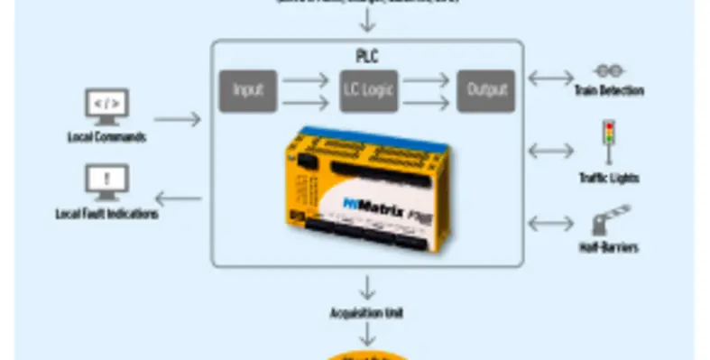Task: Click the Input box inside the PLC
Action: (x=247, y=90)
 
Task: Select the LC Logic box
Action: (x=368, y=90)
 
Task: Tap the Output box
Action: (x=485, y=90)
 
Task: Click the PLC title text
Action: (x=367, y=56)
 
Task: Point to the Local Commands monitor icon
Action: (x=106, y=106)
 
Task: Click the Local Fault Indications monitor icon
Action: (x=106, y=181)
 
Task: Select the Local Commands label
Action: (x=106, y=138)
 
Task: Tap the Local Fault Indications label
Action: (x=106, y=215)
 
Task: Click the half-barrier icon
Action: (x=609, y=220)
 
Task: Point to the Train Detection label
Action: (x=609, y=91)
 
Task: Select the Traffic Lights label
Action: (x=609, y=179)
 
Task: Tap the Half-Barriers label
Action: (x=609, y=247)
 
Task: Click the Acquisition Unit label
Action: (x=366, y=313)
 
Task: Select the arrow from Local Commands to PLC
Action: (x=178, y=118)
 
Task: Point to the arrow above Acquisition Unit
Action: (x=366, y=289)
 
